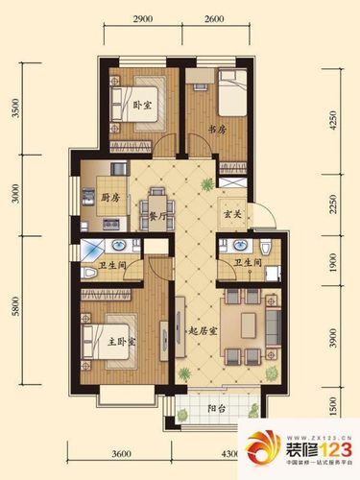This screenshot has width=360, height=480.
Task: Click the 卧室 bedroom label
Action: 142,106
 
